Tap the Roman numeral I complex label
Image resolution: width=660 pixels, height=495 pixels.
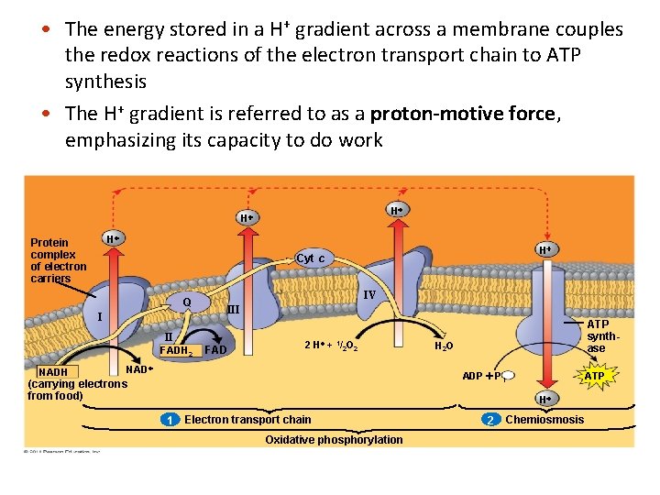[99, 317]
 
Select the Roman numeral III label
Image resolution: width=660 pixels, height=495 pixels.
[233, 310]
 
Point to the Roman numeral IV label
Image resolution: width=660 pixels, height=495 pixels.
[369, 295]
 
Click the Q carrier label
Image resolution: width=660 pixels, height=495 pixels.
[186, 302]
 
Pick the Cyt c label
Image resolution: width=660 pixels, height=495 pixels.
[310, 258]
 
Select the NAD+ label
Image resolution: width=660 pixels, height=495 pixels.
[137, 369]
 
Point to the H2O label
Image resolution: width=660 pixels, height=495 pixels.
[443, 346]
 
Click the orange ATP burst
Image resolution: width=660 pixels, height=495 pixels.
[594, 376]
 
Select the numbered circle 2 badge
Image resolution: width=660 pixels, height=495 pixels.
[491, 420]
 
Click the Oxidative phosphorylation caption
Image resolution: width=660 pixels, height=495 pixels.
[334, 440]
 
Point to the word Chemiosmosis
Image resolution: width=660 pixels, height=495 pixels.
[544, 420]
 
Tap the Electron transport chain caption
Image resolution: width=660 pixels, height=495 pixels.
[247, 420]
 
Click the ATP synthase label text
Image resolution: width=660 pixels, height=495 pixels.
[597, 336]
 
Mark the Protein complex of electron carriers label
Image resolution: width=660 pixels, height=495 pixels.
[59, 260]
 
